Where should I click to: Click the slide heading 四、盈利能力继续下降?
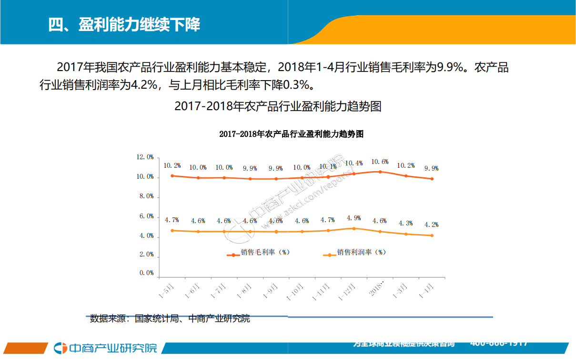(x=124, y=24)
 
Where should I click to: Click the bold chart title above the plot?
(x=291, y=134)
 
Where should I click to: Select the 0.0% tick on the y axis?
(x=146, y=274)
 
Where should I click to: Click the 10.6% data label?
(x=379, y=162)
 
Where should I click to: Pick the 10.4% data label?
(x=354, y=163)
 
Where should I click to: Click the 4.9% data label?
(x=354, y=218)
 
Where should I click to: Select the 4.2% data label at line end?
(x=431, y=225)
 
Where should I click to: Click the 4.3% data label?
(x=405, y=223)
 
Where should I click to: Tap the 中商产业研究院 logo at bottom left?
(x=105, y=348)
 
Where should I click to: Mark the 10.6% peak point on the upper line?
(x=380, y=172)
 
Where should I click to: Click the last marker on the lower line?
(x=432, y=236)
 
